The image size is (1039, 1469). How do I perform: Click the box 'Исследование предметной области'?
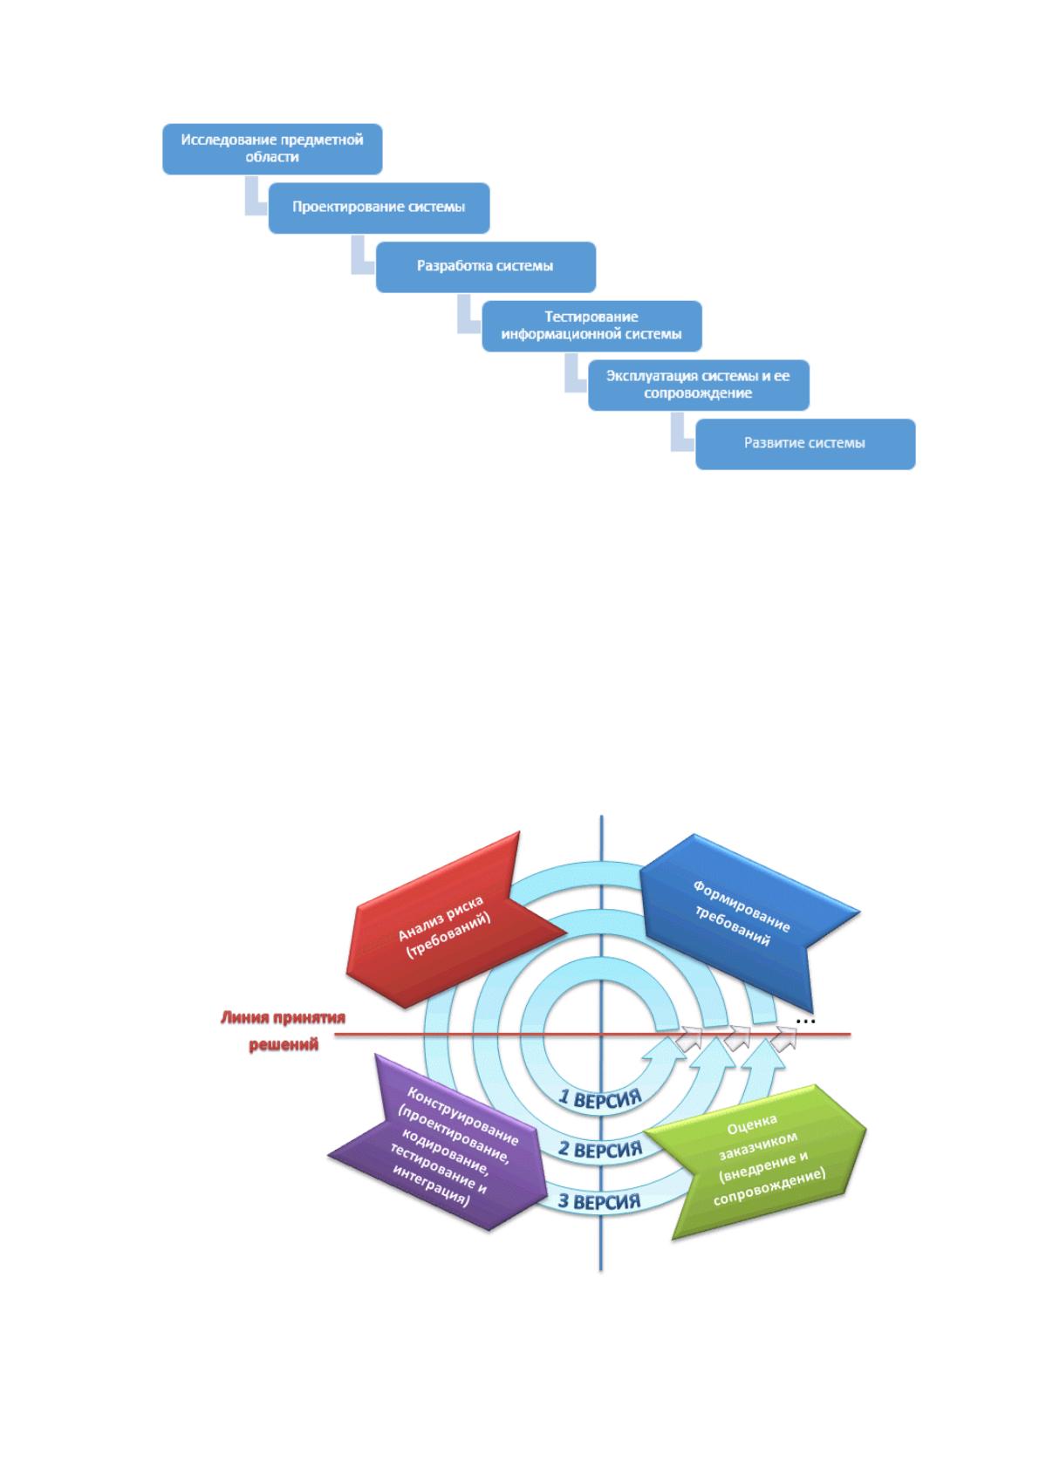pyautogui.click(x=272, y=149)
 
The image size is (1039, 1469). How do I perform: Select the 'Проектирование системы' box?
pyautogui.click(x=379, y=208)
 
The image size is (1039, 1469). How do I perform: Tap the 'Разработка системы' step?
pyautogui.click(x=485, y=267)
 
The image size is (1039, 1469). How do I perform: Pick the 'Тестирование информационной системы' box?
pyautogui.click(x=591, y=326)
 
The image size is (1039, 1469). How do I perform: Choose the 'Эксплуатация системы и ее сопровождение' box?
pyautogui.click(x=699, y=385)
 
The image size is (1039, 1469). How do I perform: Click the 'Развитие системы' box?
pyautogui.click(x=805, y=444)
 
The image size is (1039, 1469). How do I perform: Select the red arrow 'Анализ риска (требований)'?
pyautogui.click(x=453, y=920)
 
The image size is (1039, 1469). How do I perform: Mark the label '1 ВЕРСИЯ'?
pyautogui.click(x=598, y=1098)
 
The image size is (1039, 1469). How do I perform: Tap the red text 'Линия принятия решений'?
pyautogui.click(x=283, y=1030)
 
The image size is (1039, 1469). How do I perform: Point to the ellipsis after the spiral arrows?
pyautogui.click(x=805, y=1021)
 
